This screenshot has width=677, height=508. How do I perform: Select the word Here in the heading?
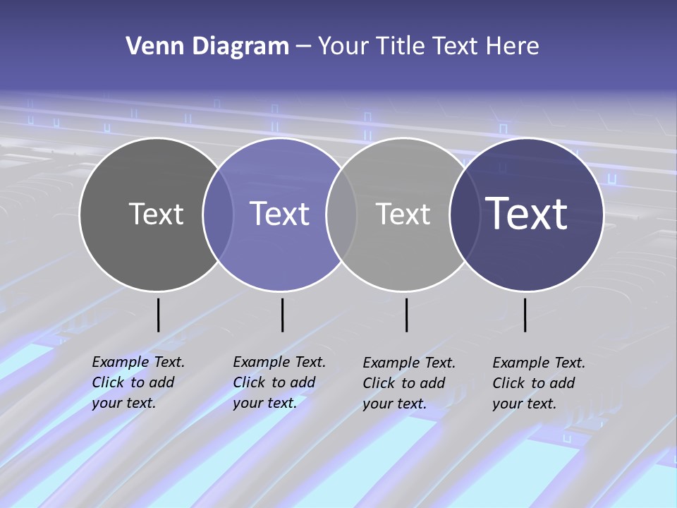coord(513,47)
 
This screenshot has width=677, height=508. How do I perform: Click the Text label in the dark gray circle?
coord(156,214)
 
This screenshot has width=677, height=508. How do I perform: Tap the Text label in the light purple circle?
coord(280,214)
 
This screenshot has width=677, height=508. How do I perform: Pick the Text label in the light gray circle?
coord(403,214)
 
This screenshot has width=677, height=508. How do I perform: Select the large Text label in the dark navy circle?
coord(527,214)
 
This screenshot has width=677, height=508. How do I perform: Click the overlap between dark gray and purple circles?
coord(218,214)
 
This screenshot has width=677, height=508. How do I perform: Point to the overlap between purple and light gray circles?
coord(341,214)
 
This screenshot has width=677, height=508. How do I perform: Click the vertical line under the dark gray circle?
coord(158,315)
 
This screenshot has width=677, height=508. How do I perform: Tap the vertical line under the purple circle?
coord(282,315)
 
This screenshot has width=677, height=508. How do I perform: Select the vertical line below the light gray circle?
coord(406,315)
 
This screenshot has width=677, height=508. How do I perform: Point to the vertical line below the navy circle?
coord(525,315)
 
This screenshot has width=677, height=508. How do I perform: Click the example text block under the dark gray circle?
coord(138,382)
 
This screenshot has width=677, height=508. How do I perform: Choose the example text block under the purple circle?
coord(279,382)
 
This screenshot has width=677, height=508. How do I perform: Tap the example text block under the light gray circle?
coord(409,383)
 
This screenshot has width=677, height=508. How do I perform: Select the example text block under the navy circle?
coord(539,383)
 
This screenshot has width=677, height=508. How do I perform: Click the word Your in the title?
coord(343,47)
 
